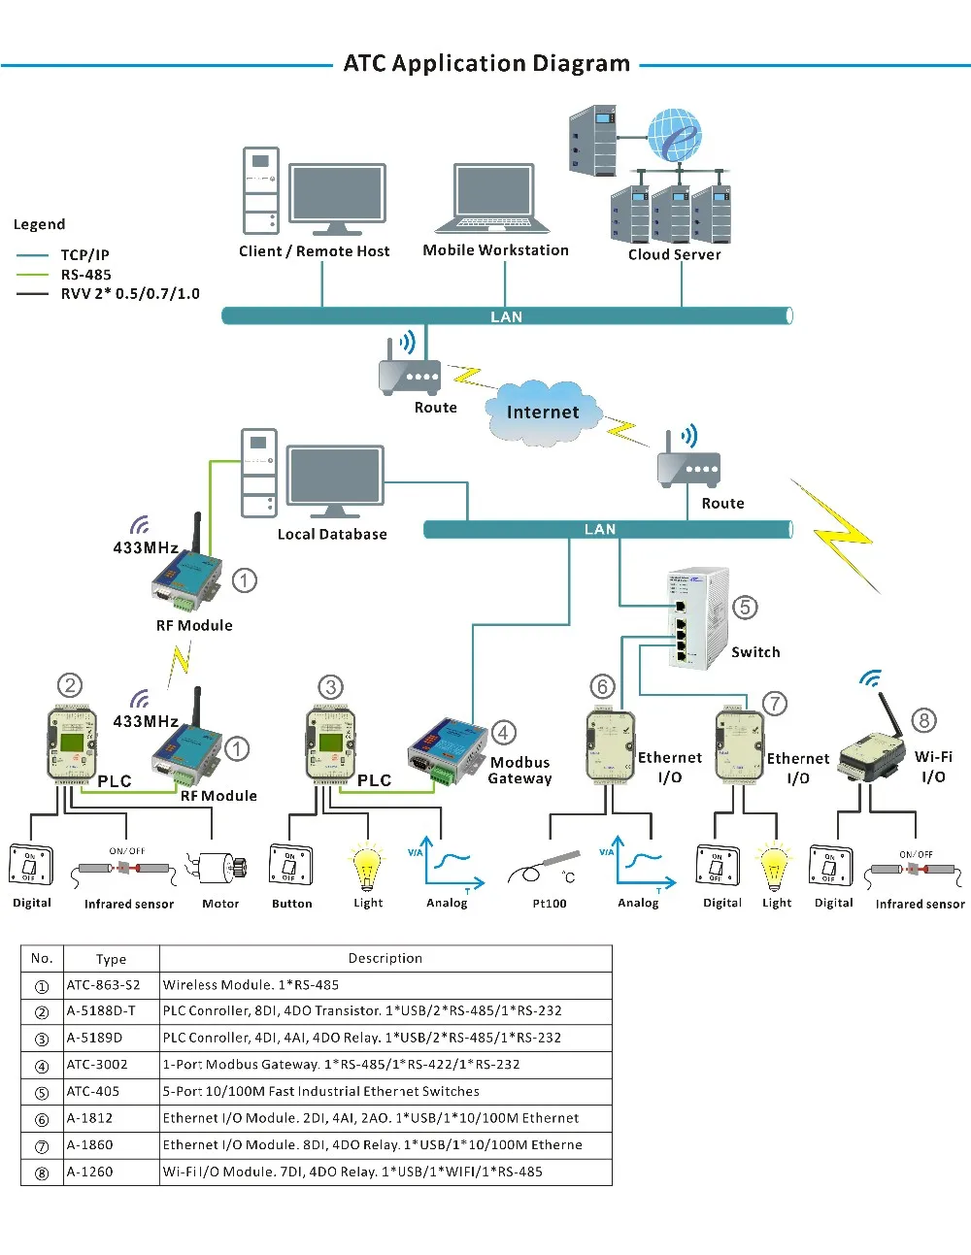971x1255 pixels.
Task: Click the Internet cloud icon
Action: pos(543,413)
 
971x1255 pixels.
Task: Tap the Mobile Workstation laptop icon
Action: pos(493,199)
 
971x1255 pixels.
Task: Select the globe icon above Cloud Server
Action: pos(674,135)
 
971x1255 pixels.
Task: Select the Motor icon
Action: pos(218,868)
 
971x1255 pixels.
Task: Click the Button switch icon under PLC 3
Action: pos(289,865)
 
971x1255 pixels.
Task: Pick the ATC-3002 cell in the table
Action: pos(97,1065)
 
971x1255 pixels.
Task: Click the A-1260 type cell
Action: pos(90,1172)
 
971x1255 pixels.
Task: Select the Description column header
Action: pos(385,959)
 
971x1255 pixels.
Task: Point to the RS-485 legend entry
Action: pos(85,275)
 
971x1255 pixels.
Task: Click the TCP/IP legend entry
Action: pos(84,255)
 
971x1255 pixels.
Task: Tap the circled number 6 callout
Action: pos(603,687)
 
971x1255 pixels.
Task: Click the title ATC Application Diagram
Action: pos(486,64)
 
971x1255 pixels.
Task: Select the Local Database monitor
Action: pos(335,482)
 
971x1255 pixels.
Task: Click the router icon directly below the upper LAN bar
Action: pos(410,373)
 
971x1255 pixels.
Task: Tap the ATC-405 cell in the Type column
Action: pos(93,1092)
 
